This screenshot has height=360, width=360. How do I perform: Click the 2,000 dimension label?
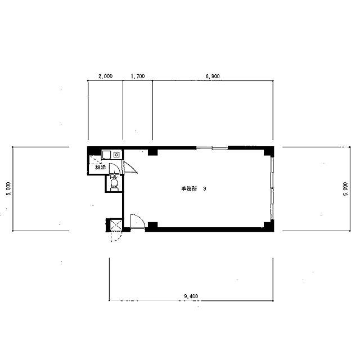tap(105, 76)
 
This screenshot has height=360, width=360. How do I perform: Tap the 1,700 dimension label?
tap(138, 76)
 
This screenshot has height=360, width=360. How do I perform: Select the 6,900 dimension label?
tap(213, 76)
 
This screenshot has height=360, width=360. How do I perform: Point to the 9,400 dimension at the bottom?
tap(191, 296)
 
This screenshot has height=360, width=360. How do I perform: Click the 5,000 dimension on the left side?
tap(8, 189)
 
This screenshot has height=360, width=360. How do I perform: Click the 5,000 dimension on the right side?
tap(345, 189)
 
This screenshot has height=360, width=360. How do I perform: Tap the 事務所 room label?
tap(189, 189)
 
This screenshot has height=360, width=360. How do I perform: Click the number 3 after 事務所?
tap(205, 189)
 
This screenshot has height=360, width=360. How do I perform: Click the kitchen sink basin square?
tap(106, 155)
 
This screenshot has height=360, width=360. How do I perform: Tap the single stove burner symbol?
tap(116, 155)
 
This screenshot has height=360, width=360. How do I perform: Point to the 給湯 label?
tap(101, 167)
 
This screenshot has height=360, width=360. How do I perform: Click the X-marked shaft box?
tap(116, 225)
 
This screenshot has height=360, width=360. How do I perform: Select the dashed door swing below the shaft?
tap(116, 237)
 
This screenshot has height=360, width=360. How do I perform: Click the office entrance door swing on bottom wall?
tap(138, 221)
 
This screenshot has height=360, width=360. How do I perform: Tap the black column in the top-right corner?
tap(269, 151)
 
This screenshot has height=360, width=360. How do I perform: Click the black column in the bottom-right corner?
tap(269, 226)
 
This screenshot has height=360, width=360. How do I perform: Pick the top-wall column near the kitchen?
tap(152, 152)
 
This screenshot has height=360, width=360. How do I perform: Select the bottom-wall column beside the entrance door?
tap(152, 226)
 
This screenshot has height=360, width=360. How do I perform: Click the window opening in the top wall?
tap(212, 148)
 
